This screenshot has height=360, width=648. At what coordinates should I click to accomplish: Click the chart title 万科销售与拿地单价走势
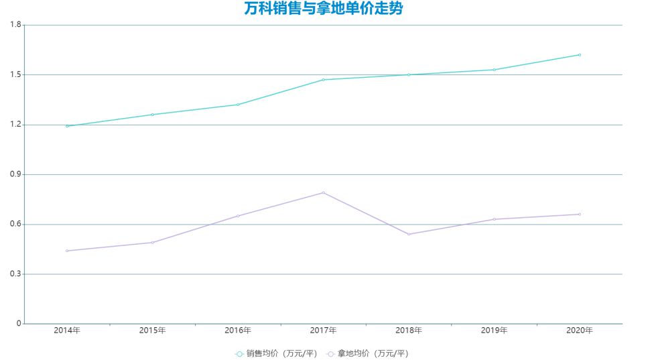click(324, 9)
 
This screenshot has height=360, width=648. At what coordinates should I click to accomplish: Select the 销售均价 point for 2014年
click(67, 126)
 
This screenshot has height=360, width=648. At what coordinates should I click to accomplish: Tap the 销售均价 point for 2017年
click(324, 80)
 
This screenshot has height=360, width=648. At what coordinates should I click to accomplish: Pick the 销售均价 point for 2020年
click(580, 55)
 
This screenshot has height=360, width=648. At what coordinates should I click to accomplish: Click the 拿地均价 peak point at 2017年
click(324, 192)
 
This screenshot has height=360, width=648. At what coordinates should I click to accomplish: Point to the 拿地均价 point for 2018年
click(409, 234)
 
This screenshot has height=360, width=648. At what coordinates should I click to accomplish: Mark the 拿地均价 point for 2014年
click(67, 251)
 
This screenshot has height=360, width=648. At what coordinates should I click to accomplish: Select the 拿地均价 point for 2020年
click(580, 215)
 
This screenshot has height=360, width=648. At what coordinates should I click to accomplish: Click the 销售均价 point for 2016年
click(238, 105)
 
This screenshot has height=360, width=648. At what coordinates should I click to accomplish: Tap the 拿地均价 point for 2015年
click(153, 243)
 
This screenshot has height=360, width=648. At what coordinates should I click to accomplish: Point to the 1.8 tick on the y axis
click(15, 25)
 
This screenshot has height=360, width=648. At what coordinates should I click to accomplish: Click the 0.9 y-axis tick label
click(15, 174)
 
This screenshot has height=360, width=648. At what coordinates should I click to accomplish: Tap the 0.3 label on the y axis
click(15, 274)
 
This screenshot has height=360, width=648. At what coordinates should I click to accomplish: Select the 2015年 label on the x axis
click(153, 331)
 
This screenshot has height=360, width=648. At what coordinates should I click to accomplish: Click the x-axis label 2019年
click(495, 331)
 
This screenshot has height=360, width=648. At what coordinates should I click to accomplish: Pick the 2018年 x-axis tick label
click(409, 331)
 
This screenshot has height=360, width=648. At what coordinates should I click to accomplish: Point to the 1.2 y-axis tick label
click(15, 125)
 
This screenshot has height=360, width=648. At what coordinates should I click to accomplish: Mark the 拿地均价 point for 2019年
click(495, 219)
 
